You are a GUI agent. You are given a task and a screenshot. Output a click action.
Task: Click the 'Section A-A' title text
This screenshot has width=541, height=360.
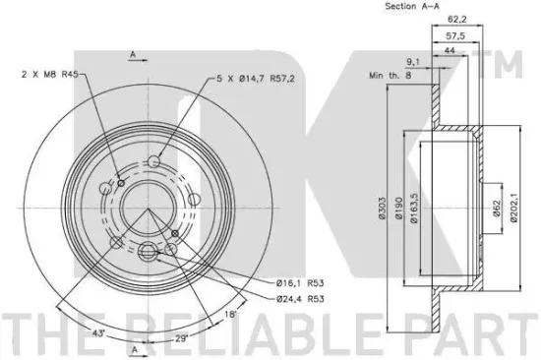pyautogui.click(x=412, y=6)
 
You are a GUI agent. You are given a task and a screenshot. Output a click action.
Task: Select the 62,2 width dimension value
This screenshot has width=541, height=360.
pyautogui.click(x=456, y=20)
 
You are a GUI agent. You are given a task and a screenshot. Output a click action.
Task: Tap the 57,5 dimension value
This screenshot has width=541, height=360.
pyautogui.click(x=455, y=35)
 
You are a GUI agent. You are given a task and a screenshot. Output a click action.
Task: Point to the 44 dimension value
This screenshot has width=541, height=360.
pyautogui.click(x=450, y=51)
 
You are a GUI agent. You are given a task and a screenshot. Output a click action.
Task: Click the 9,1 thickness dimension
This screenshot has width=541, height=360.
pyautogui.click(x=413, y=62)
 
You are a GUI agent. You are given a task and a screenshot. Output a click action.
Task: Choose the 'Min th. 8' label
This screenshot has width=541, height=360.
pyautogui.click(x=391, y=75)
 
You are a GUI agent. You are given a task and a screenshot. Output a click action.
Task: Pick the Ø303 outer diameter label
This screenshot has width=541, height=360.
pyautogui.click(x=382, y=209)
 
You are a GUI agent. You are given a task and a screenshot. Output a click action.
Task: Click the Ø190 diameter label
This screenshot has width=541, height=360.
pyautogui.click(x=398, y=208)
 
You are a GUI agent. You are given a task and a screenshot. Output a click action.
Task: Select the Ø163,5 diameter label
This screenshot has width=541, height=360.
pyautogui.click(x=414, y=208)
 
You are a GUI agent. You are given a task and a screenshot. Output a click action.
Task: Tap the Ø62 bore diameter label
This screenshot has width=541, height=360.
pyautogui.click(x=496, y=209)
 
